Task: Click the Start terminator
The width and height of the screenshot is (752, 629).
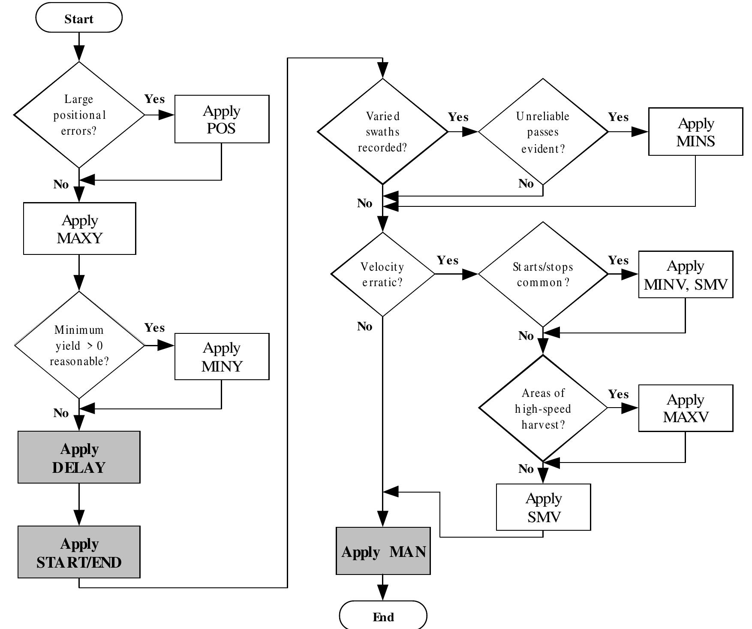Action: (x=79, y=18)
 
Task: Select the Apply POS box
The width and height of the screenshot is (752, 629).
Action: (x=222, y=119)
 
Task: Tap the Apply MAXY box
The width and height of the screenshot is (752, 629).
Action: (x=79, y=229)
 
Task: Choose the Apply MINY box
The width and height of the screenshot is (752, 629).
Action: (x=222, y=357)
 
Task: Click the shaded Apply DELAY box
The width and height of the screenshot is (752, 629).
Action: (x=79, y=457)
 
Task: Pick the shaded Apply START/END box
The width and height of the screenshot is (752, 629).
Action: (x=79, y=552)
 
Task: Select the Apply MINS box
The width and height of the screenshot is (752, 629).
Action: (x=695, y=132)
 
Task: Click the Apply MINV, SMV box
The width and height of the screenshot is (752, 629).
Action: (x=686, y=275)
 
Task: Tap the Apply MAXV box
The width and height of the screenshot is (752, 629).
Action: (x=686, y=408)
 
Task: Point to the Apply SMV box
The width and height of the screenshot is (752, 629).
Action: (x=543, y=507)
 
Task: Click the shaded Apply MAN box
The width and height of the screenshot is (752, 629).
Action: (x=383, y=551)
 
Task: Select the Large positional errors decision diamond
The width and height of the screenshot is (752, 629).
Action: (x=79, y=115)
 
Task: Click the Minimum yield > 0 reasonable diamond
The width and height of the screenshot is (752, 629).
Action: (x=79, y=345)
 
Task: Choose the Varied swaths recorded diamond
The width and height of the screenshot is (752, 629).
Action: (x=382, y=132)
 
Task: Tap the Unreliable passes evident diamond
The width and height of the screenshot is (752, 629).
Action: (x=543, y=132)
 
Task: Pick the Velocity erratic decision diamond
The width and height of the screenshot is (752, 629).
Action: (x=382, y=274)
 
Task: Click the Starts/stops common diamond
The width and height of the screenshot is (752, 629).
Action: (x=543, y=274)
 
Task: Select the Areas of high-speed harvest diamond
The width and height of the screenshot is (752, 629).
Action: (x=543, y=408)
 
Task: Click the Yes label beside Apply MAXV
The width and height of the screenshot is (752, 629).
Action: (x=618, y=394)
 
